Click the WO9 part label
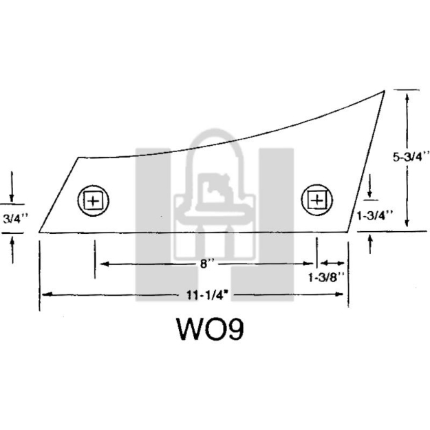[211, 329]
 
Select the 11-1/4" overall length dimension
[208, 295]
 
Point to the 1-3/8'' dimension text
[326, 277]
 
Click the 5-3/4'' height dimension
[411, 157]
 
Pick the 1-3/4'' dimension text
[374, 215]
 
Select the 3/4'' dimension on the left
[16, 219]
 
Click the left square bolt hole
[94, 201]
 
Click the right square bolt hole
[317, 200]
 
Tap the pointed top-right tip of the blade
[384, 91]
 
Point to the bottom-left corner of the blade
[39, 233]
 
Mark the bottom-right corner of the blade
[348, 232]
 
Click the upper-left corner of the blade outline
[78, 158]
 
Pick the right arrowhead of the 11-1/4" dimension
[339, 294]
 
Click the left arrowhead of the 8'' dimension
[105, 264]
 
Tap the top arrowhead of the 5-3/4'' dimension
[407, 98]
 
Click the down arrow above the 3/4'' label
[12, 186]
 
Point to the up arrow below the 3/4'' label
[12, 250]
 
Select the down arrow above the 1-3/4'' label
[369, 186]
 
